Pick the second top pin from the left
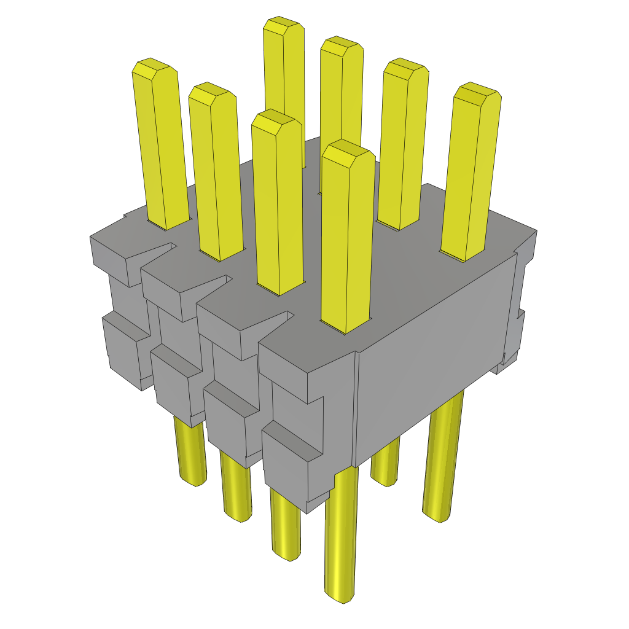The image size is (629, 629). pos(214,172)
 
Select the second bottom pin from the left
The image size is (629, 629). pos(236,488)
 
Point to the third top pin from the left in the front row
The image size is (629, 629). pos(278,203)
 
